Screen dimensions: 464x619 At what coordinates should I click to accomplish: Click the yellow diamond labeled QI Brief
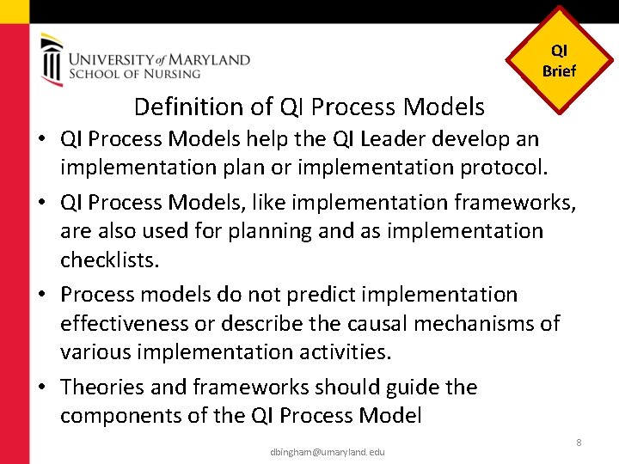pyautogui.click(x=559, y=60)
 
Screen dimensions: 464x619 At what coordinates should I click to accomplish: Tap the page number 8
pyautogui.click(x=579, y=442)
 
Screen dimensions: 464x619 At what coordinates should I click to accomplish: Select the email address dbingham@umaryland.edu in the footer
pyautogui.click(x=327, y=451)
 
